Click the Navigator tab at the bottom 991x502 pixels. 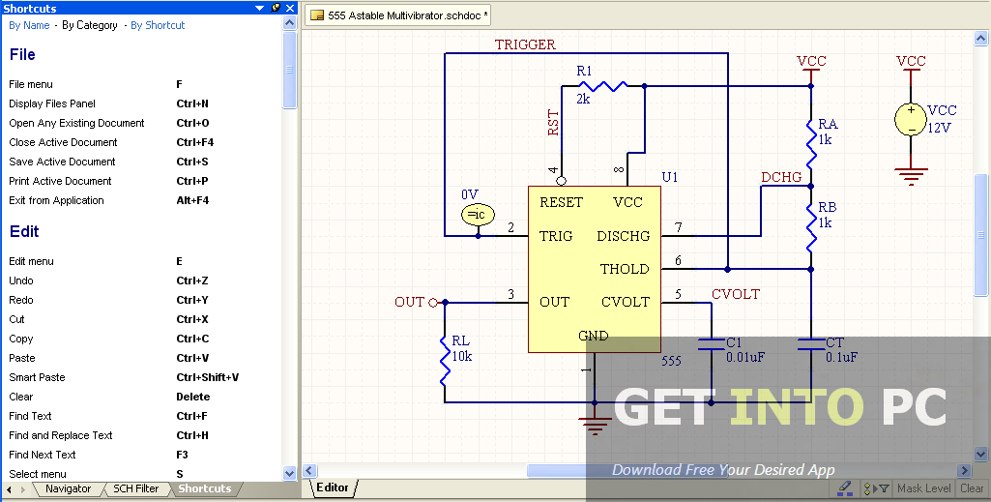[68, 489]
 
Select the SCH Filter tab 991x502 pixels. [135, 489]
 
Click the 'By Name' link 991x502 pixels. [29, 25]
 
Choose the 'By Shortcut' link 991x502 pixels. [158, 25]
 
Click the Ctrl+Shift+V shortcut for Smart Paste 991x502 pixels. [207, 377]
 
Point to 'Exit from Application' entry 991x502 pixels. [56, 200]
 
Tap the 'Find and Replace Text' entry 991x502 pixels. [61, 435]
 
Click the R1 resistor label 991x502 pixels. [584, 72]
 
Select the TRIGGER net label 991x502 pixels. [525, 44]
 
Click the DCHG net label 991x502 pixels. [781, 177]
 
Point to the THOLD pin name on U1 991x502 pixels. [625, 269]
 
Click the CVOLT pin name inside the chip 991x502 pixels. [626, 302]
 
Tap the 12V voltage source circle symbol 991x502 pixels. [911, 118]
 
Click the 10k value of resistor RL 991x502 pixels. [461, 356]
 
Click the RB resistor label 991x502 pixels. [827, 208]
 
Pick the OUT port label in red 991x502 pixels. [409, 302]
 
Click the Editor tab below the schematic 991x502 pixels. [333, 488]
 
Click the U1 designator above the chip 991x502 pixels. [670, 177]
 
